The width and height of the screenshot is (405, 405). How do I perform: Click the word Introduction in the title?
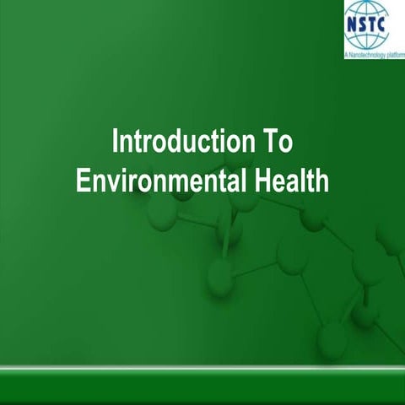[x=170, y=143]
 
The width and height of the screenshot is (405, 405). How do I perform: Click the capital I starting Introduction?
[x=116, y=143]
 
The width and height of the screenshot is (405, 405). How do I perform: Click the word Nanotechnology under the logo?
[x=367, y=55]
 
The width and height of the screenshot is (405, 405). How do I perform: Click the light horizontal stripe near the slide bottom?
[x=202, y=369]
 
